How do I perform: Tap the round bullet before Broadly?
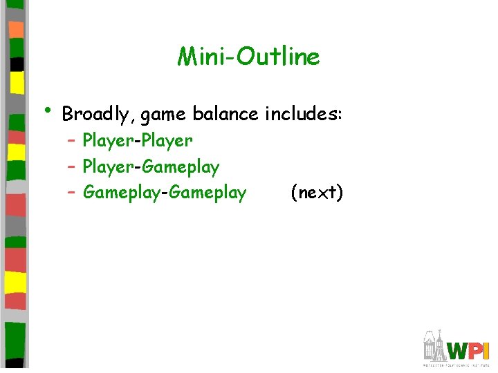47,111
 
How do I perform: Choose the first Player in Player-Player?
108,142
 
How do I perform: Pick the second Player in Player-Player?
167,142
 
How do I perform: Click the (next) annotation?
317,193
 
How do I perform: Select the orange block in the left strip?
17,30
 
